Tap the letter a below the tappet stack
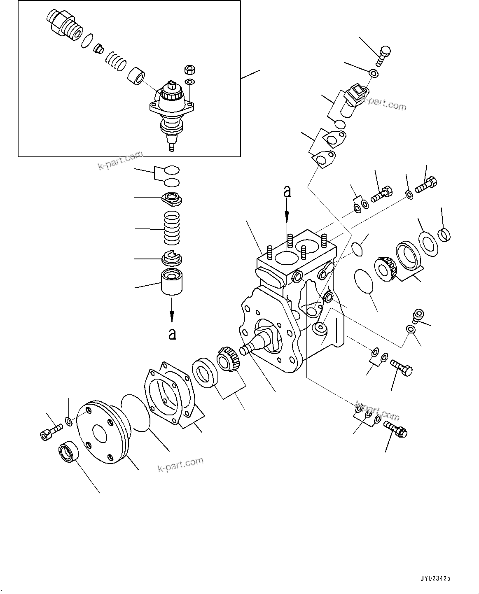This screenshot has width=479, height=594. [172, 333]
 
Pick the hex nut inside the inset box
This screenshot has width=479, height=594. [190, 69]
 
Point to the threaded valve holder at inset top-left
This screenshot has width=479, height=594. [63, 26]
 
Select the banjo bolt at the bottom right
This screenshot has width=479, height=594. [396, 428]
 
